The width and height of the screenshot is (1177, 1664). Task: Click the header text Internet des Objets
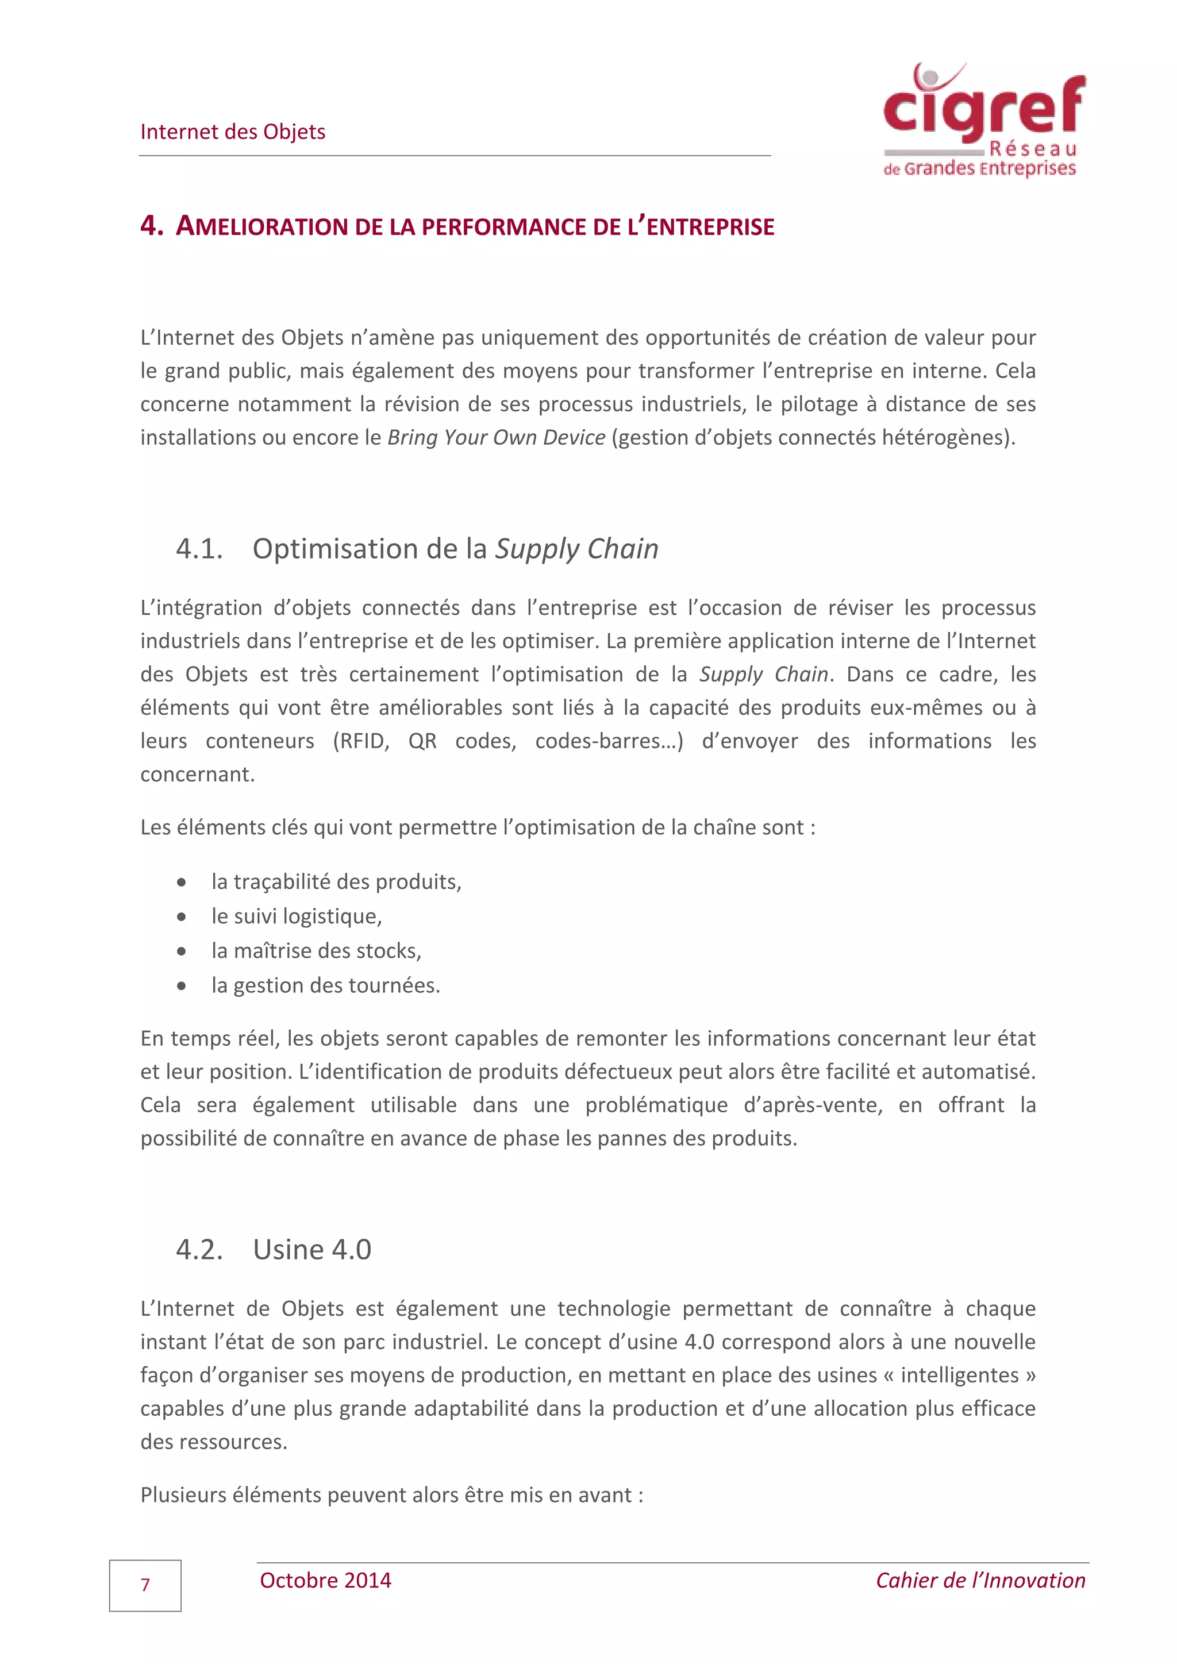coord(233,132)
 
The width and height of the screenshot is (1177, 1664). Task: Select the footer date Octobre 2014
coord(325,1581)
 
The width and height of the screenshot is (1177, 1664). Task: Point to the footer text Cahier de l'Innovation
coord(980,1581)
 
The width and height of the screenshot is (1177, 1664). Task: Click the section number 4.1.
coord(199,549)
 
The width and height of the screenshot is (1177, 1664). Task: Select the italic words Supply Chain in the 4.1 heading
coord(576,549)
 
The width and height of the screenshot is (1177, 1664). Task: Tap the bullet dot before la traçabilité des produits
coord(181,883)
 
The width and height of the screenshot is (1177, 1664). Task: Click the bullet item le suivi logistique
coord(296,916)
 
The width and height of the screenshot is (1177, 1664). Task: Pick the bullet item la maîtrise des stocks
coord(316,951)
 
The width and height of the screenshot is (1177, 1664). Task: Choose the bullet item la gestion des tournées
coord(325,985)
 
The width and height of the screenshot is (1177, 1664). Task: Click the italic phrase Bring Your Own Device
coord(497,438)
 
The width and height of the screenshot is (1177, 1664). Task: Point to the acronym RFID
coord(360,741)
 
